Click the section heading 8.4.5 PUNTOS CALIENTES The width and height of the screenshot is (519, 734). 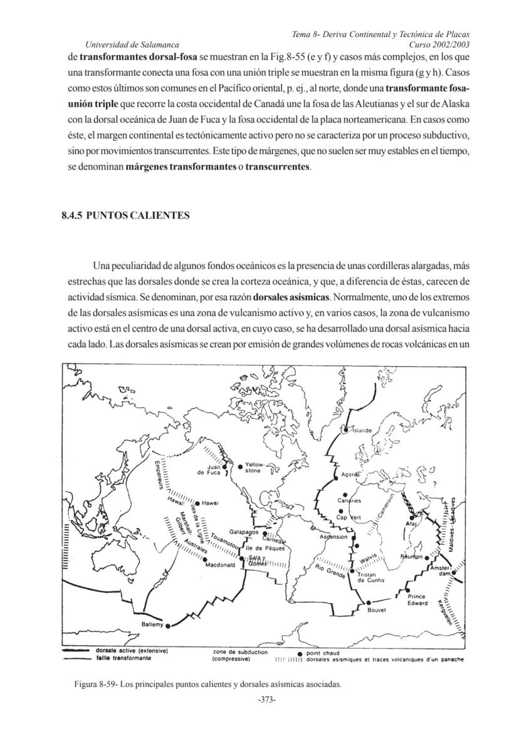click(x=125, y=216)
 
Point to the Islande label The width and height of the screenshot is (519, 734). click(x=363, y=431)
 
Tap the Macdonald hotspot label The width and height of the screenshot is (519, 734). click(x=220, y=565)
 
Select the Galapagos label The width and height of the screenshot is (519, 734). click(x=244, y=532)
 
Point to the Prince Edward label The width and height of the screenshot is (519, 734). click(x=417, y=600)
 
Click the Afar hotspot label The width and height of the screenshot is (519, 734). click(x=412, y=523)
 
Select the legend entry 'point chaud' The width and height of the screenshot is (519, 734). click(x=322, y=653)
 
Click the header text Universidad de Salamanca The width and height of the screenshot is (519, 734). click(x=132, y=45)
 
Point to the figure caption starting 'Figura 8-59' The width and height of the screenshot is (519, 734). click(x=207, y=684)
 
